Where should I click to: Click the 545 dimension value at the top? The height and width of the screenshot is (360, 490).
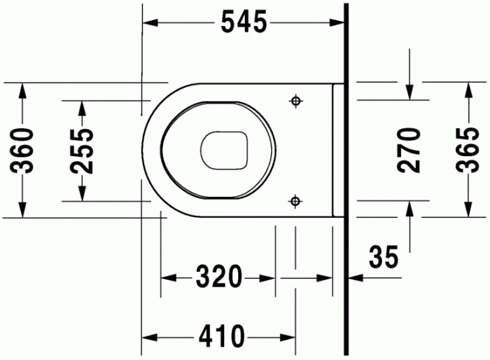[244, 23]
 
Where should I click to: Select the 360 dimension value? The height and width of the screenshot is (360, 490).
[24, 150]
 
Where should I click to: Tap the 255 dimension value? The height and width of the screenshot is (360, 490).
[83, 150]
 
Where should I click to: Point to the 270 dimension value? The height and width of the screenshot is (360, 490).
[409, 150]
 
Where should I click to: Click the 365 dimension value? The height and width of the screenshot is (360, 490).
[467, 150]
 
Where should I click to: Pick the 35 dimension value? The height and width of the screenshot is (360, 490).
[384, 256]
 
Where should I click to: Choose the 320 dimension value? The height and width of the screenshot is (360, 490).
[218, 277]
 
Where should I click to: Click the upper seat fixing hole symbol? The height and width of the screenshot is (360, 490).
[295, 101]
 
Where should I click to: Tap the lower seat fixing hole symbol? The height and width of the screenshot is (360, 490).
[295, 202]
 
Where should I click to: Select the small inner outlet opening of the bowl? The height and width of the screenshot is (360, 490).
[225, 150]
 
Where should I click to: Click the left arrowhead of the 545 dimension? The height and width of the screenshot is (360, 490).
[149, 23]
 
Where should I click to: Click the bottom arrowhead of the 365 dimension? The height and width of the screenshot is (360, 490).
[467, 210]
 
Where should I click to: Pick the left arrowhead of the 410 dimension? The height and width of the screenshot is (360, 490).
[149, 337]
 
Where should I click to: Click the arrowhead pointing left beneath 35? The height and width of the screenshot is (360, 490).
[354, 278]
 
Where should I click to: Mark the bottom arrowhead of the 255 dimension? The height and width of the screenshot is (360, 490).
[83, 194]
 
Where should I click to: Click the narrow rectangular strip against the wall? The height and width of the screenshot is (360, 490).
[338, 150]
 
